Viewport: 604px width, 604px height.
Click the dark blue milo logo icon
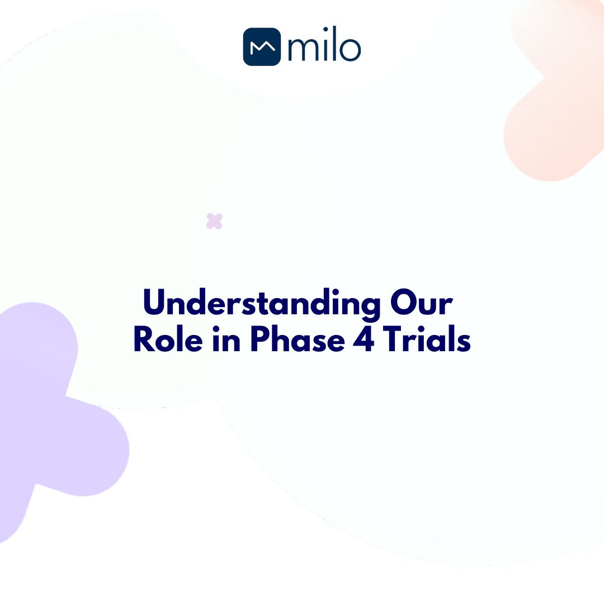(262, 47)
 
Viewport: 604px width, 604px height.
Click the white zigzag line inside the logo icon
(262, 48)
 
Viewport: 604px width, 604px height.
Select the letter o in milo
(351, 50)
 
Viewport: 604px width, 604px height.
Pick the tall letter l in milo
(334, 47)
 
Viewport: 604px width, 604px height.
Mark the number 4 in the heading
(364, 340)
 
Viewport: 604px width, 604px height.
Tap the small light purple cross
(214, 221)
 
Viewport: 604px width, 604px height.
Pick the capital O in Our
(402, 304)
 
